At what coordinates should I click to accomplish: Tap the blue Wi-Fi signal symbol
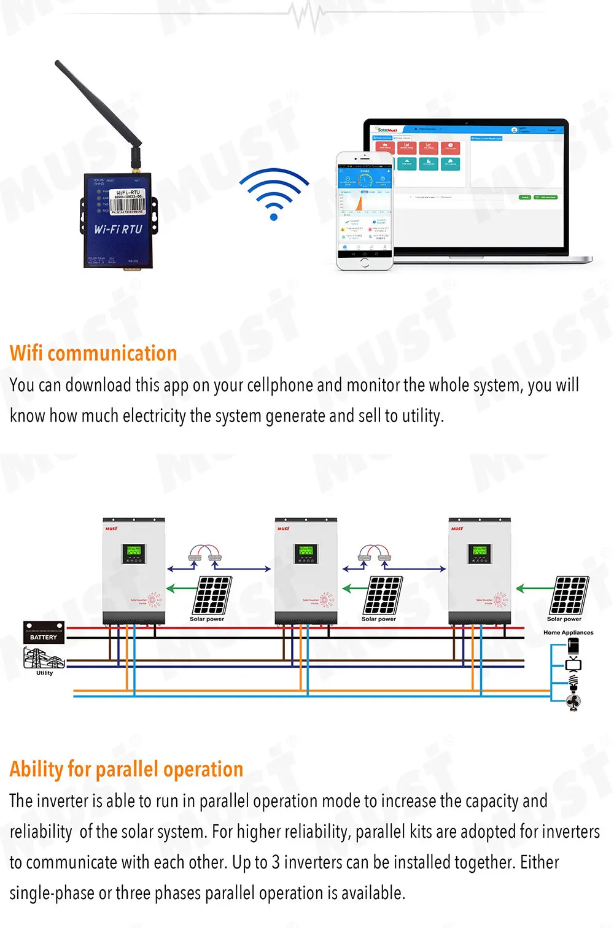click(274, 194)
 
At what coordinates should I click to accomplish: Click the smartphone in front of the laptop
click(364, 211)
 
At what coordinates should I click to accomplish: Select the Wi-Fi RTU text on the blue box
click(118, 230)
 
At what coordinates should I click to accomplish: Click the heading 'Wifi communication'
click(93, 354)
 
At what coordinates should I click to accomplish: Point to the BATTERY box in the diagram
click(44, 633)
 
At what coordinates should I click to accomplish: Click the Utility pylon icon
click(43, 659)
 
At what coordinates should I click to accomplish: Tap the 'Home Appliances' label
click(568, 632)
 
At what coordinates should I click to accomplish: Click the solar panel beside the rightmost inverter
click(570, 595)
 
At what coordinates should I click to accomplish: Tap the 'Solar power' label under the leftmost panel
click(207, 619)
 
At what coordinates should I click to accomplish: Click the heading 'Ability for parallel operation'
click(126, 770)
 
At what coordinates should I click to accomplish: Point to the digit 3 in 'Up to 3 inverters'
click(276, 862)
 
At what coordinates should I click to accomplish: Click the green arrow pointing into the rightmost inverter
click(532, 589)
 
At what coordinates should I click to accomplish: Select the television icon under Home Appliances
click(573, 664)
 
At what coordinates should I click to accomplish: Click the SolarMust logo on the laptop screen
click(387, 130)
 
